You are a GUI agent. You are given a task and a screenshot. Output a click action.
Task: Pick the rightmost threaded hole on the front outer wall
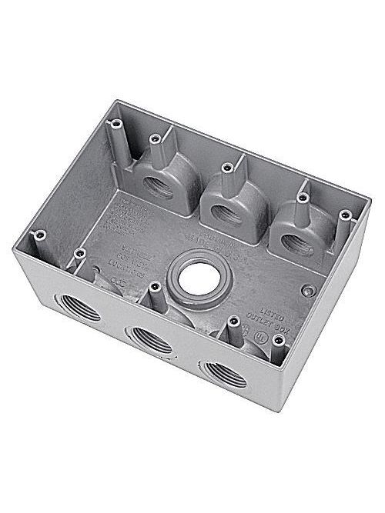pyautogui.click(x=224, y=373)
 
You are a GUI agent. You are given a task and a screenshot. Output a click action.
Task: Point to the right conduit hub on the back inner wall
pyautogui.click(x=297, y=243)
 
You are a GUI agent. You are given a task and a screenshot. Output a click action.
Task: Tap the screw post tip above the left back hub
pyautogui.click(x=155, y=138)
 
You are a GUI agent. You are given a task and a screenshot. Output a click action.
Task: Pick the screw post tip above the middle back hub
pyautogui.click(x=226, y=167)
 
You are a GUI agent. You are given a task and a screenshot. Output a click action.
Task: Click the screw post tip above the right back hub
pyautogui.click(x=303, y=197)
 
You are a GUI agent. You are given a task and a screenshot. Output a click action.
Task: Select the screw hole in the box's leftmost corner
pyautogui.click(x=40, y=233)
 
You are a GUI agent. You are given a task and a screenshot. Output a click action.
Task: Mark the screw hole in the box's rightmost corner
pyautogui.click(x=345, y=215)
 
